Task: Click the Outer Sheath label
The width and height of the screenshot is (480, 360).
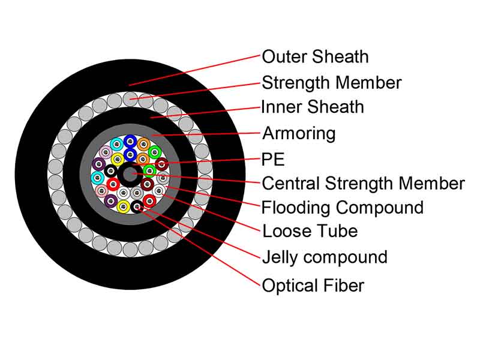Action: point(315,57)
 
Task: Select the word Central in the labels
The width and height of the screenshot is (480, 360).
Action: point(291,184)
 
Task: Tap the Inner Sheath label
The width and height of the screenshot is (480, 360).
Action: point(312,107)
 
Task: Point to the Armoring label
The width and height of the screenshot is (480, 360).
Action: point(299,134)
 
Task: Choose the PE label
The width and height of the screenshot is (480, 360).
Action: point(273,159)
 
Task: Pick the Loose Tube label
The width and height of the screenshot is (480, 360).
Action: point(310,231)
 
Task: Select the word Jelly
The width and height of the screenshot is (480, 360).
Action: point(280,258)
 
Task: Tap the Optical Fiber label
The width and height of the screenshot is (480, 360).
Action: point(313,286)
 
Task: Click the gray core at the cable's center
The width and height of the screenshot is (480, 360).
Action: point(130,175)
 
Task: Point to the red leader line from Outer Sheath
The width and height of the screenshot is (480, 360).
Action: point(194,70)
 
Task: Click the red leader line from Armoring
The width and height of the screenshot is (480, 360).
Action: point(206,134)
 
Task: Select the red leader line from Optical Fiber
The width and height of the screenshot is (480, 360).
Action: point(199,247)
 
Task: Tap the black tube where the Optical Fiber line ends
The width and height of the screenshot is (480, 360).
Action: point(137,207)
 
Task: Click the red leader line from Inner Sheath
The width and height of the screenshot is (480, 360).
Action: point(205,112)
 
